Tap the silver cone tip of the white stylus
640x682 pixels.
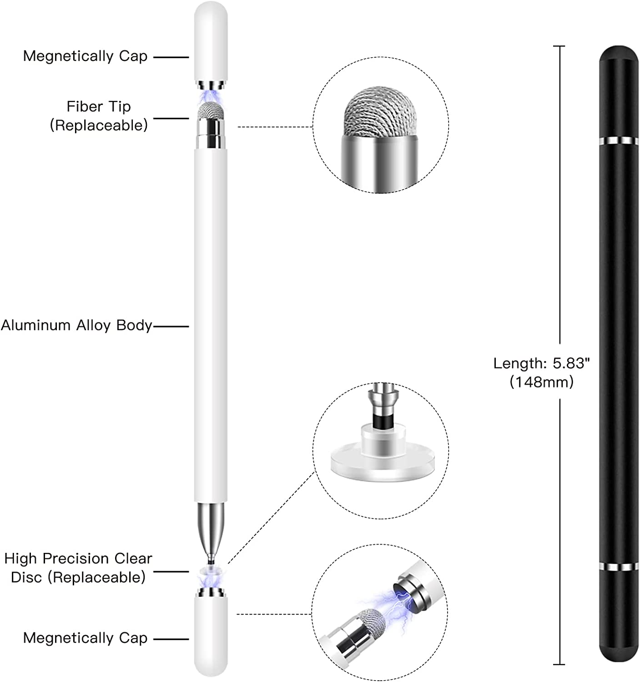[x=211, y=527]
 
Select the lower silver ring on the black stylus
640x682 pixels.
[x=618, y=567]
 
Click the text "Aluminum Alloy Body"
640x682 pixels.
[x=76, y=326]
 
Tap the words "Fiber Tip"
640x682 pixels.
[x=99, y=106]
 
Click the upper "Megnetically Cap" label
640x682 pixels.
[x=85, y=56]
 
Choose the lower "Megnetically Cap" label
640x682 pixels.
[x=85, y=638]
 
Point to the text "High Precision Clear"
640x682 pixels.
[x=78, y=558]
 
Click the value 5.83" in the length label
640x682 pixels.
[x=571, y=363]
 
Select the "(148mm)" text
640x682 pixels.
[x=541, y=382]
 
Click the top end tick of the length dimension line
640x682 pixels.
[x=559, y=46]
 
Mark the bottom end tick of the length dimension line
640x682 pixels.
[x=559, y=664]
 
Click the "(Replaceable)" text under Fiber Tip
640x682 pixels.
[x=99, y=125]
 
